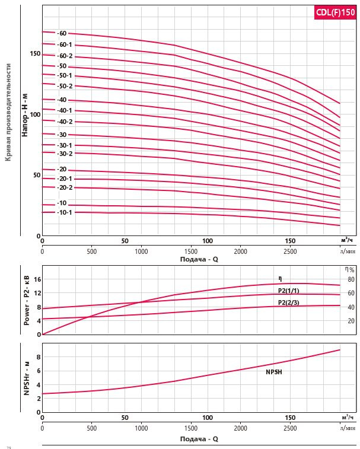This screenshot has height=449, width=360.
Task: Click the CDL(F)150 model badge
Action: click(x=334, y=13)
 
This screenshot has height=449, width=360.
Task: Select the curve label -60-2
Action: click(x=65, y=56)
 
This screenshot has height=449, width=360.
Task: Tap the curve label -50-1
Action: click(x=65, y=75)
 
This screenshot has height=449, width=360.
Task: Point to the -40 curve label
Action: click(x=62, y=100)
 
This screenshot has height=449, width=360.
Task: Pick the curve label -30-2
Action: click(x=65, y=154)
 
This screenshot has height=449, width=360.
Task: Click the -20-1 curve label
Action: click(x=65, y=179)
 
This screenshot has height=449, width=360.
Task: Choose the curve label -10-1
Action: click(x=65, y=212)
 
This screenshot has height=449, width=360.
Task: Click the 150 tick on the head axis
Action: click(x=34, y=53)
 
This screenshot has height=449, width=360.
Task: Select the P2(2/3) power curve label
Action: click(x=288, y=302)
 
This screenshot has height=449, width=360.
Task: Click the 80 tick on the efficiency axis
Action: click(x=351, y=279)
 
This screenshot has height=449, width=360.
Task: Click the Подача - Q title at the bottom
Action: click(x=199, y=439)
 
